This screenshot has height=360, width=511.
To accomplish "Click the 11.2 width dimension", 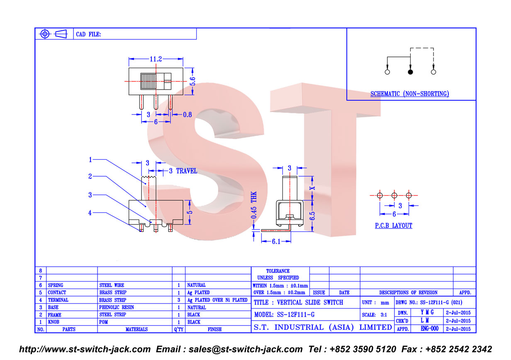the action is click(156, 59).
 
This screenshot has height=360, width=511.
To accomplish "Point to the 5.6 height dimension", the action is click(193, 81).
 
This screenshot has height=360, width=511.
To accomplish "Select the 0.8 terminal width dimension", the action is click(187, 114).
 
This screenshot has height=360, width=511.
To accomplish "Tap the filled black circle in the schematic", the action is click(410, 72).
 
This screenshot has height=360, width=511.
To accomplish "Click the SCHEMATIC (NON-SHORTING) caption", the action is click(410, 94).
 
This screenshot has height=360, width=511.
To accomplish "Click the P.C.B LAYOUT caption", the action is click(394, 226).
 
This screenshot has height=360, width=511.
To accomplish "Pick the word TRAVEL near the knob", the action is click(187, 171).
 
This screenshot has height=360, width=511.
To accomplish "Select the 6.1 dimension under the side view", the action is click(276, 242).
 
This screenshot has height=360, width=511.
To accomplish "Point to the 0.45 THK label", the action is click(254, 205).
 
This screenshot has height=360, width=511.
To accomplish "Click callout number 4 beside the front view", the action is click(90, 213).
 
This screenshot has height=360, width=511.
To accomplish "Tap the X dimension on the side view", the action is click(313, 188).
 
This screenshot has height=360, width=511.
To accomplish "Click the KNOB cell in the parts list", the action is click(54, 322).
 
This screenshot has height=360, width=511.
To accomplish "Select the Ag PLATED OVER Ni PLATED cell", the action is click(217, 300).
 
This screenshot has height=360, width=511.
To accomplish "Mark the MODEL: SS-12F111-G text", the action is click(284, 315).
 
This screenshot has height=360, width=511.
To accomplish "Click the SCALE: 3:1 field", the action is click(375, 315).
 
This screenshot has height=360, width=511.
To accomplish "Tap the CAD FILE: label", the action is click(88, 34).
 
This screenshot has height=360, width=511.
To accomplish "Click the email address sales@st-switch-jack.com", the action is click(246, 349).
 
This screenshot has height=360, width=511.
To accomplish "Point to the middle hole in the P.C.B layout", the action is click(394, 195).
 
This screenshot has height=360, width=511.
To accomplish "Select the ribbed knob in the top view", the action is click(148, 81).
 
